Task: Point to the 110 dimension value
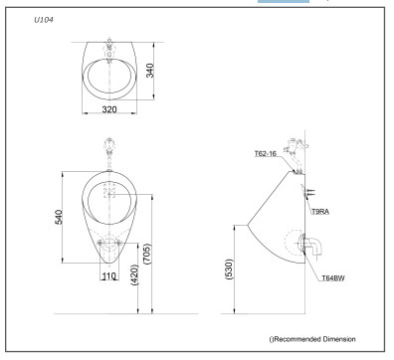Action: click(110, 274)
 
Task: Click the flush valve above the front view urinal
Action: click(109, 153)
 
